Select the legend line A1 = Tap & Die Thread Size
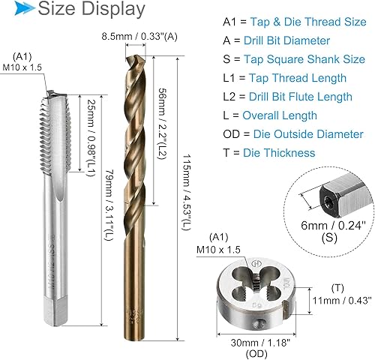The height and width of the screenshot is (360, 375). pyautogui.click(x=295, y=22)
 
